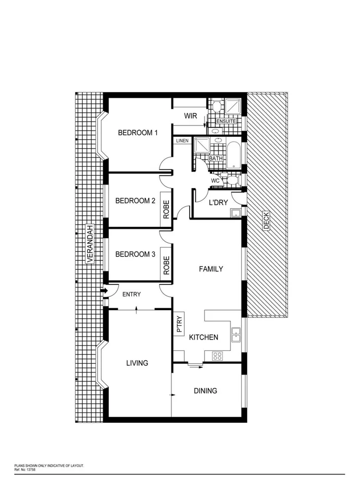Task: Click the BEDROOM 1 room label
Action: (x=137, y=133)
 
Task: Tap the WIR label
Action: (x=191, y=117)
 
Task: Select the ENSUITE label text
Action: (x=226, y=121)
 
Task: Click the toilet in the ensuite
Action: (x=215, y=105)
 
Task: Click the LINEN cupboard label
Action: (x=182, y=141)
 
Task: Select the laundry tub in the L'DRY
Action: (x=235, y=213)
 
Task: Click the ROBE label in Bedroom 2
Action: (x=166, y=210)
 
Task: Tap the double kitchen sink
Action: (x=236, y=335)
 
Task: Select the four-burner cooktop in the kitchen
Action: (x=217, y=356)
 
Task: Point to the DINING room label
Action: (x=205, y=391)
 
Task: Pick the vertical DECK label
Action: (x=266, y=220)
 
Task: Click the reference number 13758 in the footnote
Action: (x=29, y=470)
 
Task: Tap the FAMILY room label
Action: (x=211, y=269)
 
